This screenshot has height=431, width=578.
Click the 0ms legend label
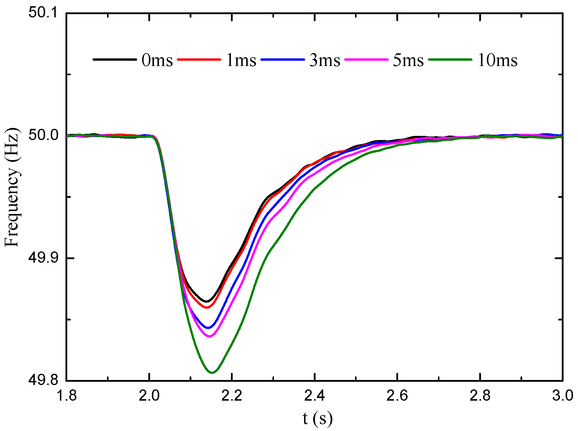[x=157, y=60]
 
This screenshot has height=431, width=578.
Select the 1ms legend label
[x=241, y=60]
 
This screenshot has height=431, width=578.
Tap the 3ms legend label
[x=325, y=60]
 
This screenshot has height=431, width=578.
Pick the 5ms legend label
[x=408, y=60]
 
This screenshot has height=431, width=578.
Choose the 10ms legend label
[x=497, y=60]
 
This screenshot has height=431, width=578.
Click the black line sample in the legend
[x=115, y=60]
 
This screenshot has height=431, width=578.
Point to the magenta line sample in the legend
[x=367, y=60]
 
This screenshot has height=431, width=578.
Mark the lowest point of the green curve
[x=212, y=373]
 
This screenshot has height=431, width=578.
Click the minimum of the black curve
[x=207, y=301]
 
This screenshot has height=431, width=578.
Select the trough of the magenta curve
[x=210, y=336]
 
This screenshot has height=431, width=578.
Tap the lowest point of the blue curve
[x=208, y=328]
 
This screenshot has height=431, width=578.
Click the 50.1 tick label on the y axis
[x=43, y=13]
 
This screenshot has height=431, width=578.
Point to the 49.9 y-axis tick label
[x=43, y=258]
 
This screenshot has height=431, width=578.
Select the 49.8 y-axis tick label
[x=43, y=381]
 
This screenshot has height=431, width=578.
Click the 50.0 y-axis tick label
[x=43, y=136]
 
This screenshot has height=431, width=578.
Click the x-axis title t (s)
[x=317, y=419]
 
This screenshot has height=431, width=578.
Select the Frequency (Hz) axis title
[x=12, y=187]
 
